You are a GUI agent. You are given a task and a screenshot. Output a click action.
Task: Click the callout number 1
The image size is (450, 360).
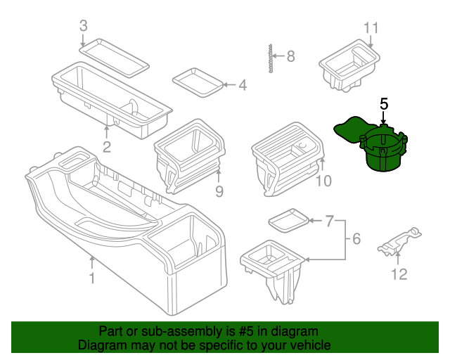click(x=91, y=279)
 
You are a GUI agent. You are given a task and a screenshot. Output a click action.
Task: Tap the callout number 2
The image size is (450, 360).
click(x=107, y=147)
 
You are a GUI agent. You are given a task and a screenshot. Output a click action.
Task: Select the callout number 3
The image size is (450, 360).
click(x=83, y=26)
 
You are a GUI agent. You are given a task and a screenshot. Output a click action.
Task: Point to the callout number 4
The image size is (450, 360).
click(x=243, y=86)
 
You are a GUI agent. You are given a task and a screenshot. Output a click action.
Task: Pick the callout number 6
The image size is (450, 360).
click(x=356, y=240)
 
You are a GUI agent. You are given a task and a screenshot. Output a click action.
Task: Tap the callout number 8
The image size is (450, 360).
click(x=290, y=56)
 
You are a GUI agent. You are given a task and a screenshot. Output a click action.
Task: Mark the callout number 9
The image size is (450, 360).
click(x=219, y=191)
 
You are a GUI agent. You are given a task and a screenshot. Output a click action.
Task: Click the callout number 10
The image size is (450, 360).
click(x=323, y=182)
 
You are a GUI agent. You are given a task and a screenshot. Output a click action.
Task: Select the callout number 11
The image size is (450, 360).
click(x=371, y=28)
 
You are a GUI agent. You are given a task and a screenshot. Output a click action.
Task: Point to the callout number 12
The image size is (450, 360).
click(x=399, y=274)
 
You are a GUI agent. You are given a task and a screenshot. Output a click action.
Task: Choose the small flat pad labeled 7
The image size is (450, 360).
click(x=288, y=219)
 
